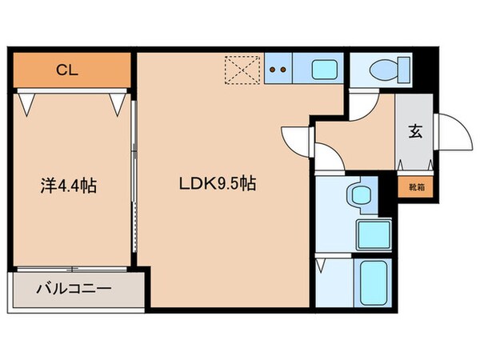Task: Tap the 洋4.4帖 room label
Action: point(70,186)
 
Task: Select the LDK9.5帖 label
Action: point(217,183)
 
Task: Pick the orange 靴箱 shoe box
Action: point(417,186)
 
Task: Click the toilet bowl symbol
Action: point(379,70)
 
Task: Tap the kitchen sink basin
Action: point(324,70)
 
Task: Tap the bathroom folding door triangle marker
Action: point(322,263)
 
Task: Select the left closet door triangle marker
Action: point(29,102)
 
